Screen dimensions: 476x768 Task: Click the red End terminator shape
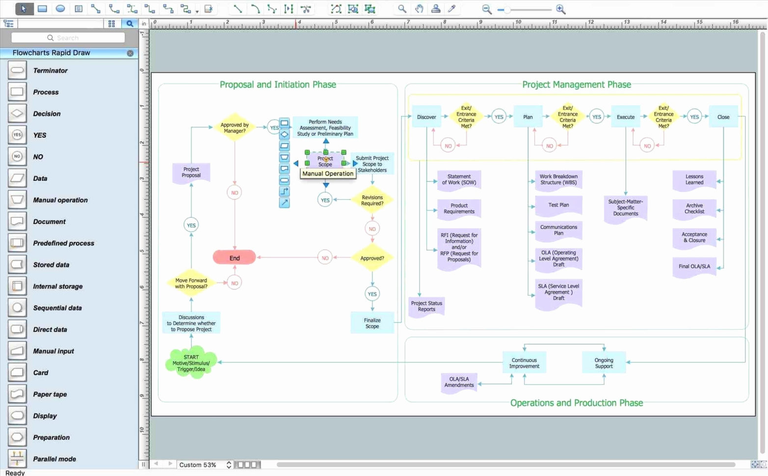pyautogui.click(x=234, y=258)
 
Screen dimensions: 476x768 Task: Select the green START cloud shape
pyautogui.click(x=191, y=364)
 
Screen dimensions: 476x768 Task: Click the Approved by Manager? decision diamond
pyautogui.click(x=234, y=128)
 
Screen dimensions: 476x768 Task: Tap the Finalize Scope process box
pyautogui.click(x=372, y=323)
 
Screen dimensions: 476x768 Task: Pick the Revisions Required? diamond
pyautogui.click(x=372, y=200)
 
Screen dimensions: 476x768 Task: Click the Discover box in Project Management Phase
pyautogui.click(x=426, y=117)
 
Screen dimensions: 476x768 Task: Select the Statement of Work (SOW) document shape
pyautogui.click(x=459, y=180)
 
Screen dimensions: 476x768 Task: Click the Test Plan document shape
pyautogui.click(x=558, y=206)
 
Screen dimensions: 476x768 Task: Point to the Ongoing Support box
pyautogui.click(x=604, y=363)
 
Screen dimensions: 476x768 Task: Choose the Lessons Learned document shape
pyautogui.click(x=694, y=180)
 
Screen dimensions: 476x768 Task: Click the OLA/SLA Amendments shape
pyautogui.click(x=459, y=382)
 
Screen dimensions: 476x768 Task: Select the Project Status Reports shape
pyautogui.click(x=426, y=307)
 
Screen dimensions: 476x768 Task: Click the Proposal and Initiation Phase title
pyautogui.click(x=278, y=84)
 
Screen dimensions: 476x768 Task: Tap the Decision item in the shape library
pyautogui.click(x=47, y=114)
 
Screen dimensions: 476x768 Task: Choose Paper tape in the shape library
pyautogui.click(x=50, y=395)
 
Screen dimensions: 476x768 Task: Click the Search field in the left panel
pyautogui.click(x=68, y=38)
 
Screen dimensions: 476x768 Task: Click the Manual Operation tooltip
pyautogui.click(x=327, y=174)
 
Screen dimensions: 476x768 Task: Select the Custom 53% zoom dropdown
pyautogui.click(x=204, y=465)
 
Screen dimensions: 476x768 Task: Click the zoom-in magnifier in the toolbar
pyautogui.click(x=560, y=9)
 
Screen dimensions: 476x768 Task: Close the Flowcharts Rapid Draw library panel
pyautogui.click(x=130, y=53)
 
